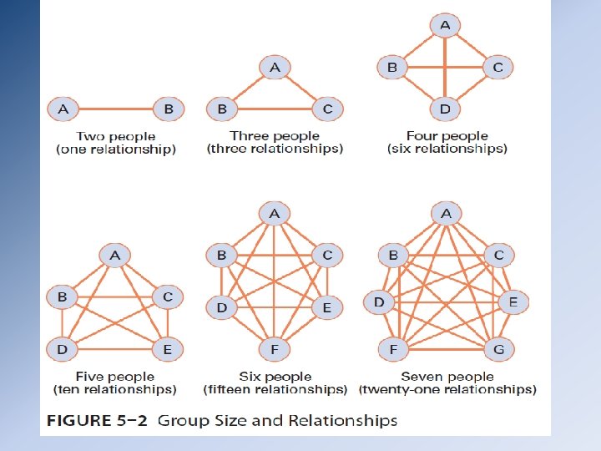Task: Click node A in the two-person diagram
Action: click(63, 109)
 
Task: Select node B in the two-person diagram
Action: click(169, 109)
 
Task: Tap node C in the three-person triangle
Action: click(327, 109)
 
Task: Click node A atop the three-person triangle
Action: click(275, 68)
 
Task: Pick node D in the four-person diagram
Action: click(445, 109)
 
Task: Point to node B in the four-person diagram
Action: click(391, 68)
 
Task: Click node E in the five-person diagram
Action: click(168, 349)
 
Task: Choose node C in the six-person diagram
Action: click(327, 256)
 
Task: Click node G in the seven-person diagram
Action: click(499, 349)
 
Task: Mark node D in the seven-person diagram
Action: click(379, 302)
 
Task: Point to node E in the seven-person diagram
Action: click(513, 302)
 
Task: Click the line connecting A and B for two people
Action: click(116, 109)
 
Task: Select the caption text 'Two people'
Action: click(116, 136)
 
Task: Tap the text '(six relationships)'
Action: click(447, 149)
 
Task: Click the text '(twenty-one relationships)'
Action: click(447, 389)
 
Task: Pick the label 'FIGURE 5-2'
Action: click(98, 420)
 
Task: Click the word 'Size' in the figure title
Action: click(242, 420)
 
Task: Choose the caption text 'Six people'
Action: click(275, 377)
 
